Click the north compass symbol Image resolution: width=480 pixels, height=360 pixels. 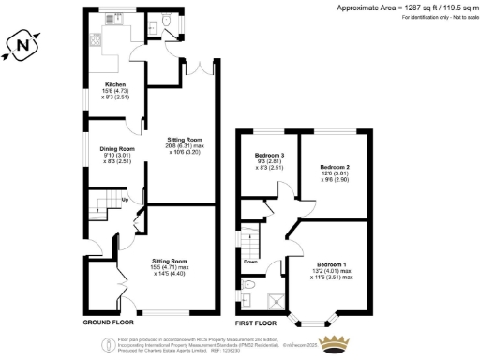(25, 43)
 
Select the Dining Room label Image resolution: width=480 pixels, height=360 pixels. (118, 148)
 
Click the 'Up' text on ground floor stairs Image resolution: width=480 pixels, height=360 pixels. (125, 200)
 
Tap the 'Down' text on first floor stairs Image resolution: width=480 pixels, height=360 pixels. (250, 262)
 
